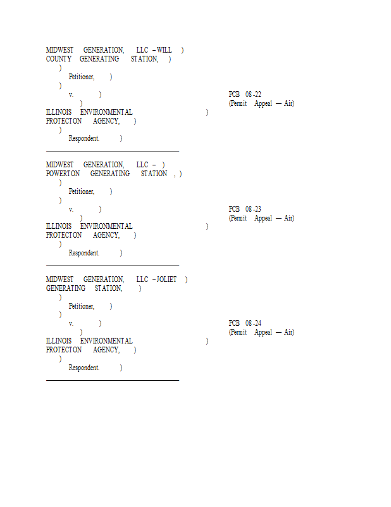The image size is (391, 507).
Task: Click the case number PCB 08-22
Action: click(x=245, y=94)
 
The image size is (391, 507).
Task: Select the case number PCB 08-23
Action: click(x=245, y=209)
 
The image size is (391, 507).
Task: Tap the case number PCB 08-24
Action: click(x=245, y=323)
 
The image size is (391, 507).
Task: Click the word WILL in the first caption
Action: click(x=164, y=50)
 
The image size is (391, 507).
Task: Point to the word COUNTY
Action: click(x=58, y=59)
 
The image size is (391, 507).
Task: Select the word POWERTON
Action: click(x=63, y=174)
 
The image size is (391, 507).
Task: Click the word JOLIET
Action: click(x=166, y=279)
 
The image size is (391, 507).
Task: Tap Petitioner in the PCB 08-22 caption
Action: click(x=82, y=77)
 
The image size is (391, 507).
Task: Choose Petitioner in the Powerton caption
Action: click(x=82, y=192)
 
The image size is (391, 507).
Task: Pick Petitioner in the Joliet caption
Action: click(x=82, y=306)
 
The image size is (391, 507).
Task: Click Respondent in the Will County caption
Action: click(x=84, y=138)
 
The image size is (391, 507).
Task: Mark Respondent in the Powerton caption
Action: click(x=84, y=253)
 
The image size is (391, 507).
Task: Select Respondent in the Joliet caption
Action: click(x=84, y=368)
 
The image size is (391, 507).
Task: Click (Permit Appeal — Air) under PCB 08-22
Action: click(x=261, y=103)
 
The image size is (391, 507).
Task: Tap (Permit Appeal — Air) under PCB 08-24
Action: click(x=261, y=332)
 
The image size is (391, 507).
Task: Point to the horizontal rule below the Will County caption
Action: click(x=113, y=151)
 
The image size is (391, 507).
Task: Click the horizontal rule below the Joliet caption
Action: click(x=113, y=381)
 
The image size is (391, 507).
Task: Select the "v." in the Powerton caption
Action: click(x=71, y=210)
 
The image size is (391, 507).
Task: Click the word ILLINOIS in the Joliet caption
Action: click(x=59, y=341)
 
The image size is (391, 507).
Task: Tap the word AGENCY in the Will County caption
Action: click(x=106, y=121)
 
